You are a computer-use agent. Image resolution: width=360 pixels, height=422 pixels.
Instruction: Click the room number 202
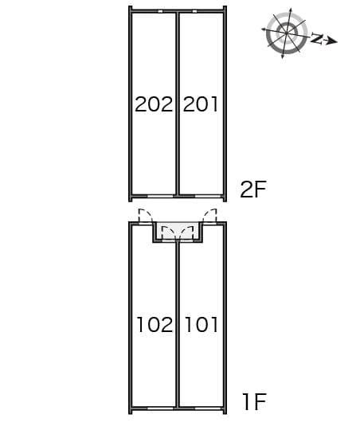pos(154,104)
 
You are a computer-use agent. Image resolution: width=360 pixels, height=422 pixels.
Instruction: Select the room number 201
pos(201,104)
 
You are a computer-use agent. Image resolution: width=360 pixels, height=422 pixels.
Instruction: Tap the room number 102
pos(155,324)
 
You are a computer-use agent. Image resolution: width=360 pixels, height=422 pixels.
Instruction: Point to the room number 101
pos(202,324)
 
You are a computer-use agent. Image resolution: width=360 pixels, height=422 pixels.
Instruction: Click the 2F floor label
pos(253,190)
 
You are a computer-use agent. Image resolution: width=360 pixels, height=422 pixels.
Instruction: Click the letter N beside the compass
pos(317,38)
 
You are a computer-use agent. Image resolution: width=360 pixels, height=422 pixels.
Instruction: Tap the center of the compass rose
pos(287,33)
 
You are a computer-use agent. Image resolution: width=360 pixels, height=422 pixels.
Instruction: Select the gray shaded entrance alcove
pos(178,231)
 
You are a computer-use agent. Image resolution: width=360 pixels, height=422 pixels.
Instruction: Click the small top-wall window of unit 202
pos(160,11)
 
